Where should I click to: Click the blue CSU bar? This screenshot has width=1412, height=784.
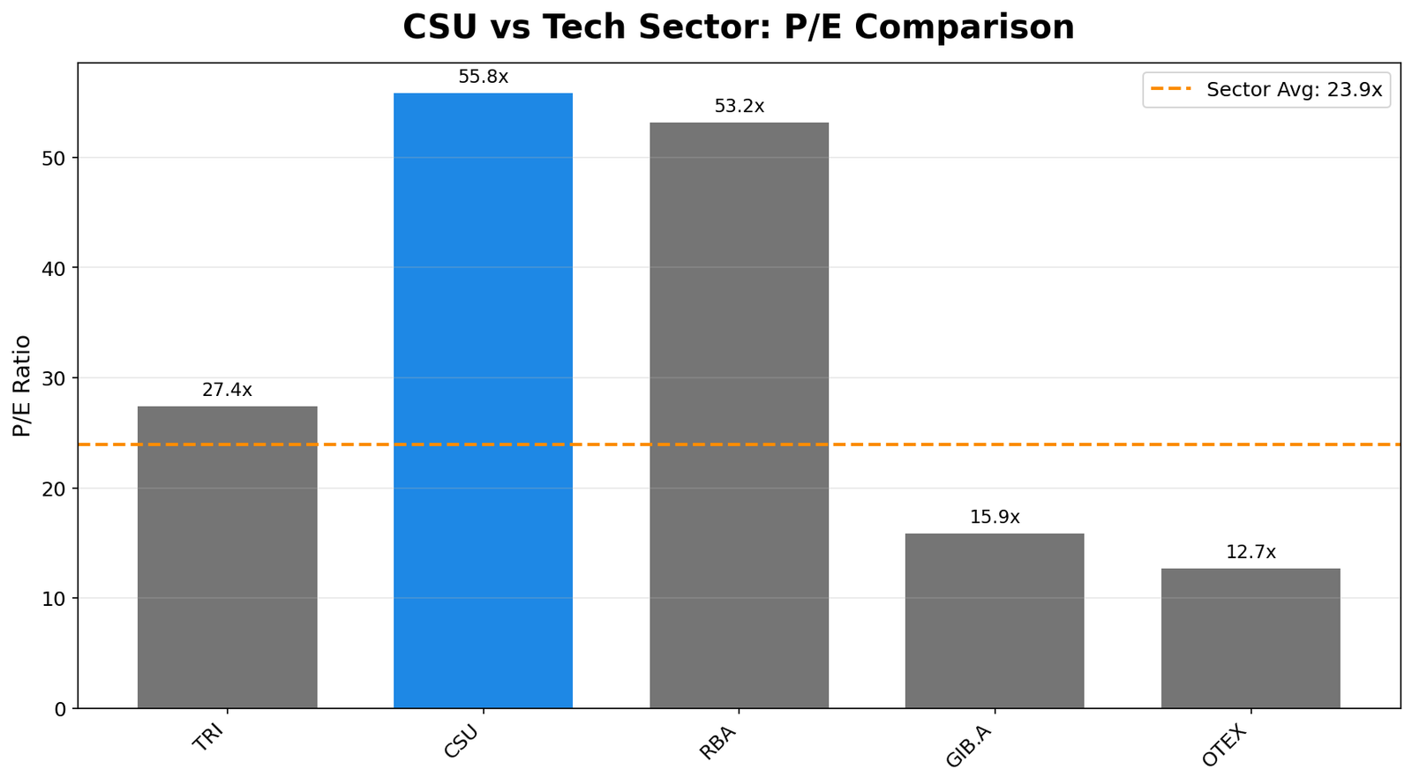(483, 400)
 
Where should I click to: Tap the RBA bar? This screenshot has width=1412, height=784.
(739, 414)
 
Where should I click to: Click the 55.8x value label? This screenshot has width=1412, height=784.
(483, 77)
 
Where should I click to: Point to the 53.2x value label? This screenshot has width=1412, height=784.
(739, 106)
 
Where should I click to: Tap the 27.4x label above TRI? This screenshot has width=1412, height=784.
(227, 390)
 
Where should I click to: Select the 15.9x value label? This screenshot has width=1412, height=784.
(995, 517)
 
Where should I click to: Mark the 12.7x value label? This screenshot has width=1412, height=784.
(1251, 552)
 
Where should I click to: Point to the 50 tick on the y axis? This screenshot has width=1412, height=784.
(56, 158)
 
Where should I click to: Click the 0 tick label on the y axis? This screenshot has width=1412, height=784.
(60, 708)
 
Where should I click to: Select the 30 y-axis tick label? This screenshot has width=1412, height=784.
(56, 378)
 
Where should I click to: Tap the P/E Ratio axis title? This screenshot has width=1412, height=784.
(22, 385)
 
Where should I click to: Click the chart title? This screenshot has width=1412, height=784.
(739, 27)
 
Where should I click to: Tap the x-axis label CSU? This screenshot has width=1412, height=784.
(461, 743)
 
